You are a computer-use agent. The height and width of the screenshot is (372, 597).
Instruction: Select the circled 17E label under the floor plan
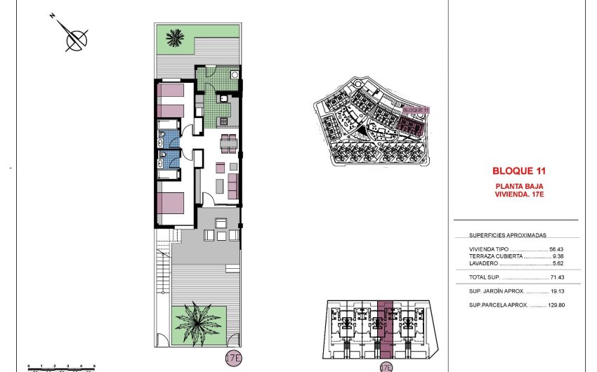(x=233, y=358)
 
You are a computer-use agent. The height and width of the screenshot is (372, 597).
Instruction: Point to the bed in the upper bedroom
(x=171, y=100)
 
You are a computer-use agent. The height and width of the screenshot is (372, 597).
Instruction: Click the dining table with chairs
(x=226, y=144)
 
